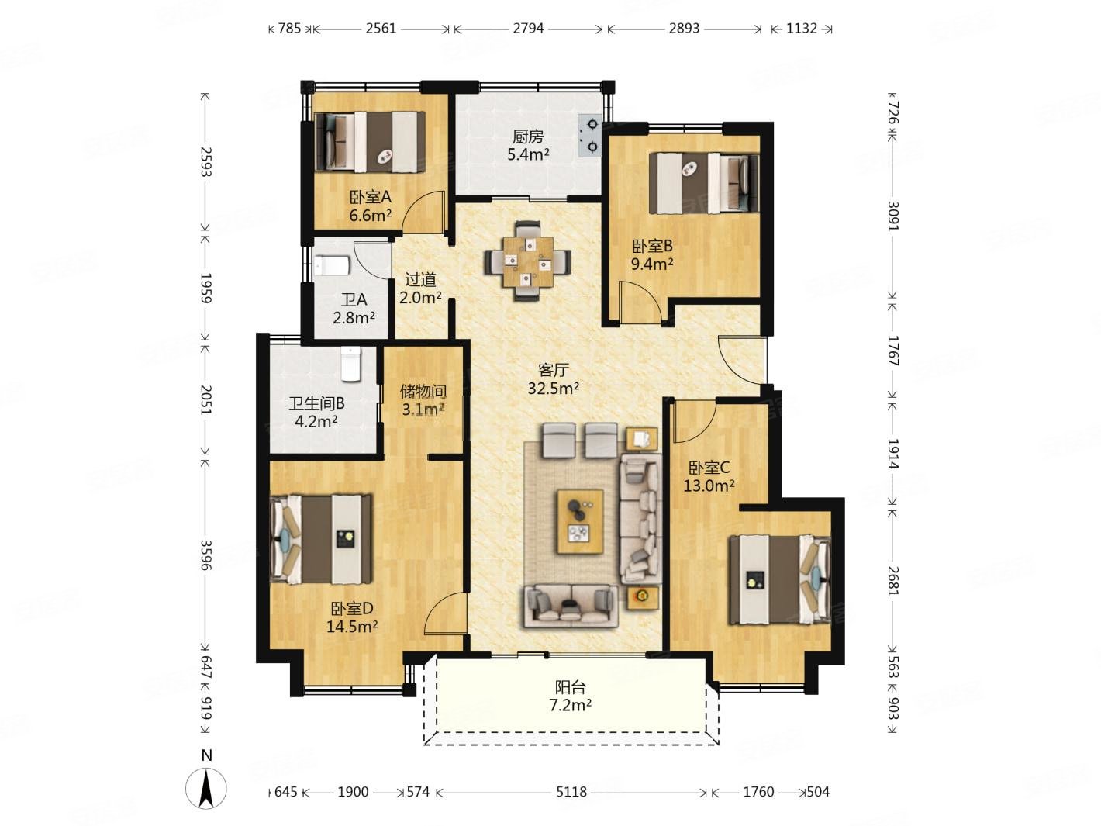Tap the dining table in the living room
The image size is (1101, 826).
(x=526, y=261)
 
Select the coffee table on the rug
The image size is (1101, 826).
(x=579, y=521)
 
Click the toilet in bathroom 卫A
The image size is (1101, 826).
(x=332, y=265)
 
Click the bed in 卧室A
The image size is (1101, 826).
(x=370, y=142)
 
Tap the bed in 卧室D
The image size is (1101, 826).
(x=321, y=539)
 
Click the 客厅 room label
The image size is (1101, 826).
(x=553, y=370)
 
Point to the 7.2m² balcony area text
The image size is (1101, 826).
(x=570, y=706)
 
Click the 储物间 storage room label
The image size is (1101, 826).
(x=423, y=391)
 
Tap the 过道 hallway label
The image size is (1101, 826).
(x=419, y=279)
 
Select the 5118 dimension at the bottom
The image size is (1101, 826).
(x=571, y=792)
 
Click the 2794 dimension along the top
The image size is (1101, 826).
(x=528, y=28)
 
